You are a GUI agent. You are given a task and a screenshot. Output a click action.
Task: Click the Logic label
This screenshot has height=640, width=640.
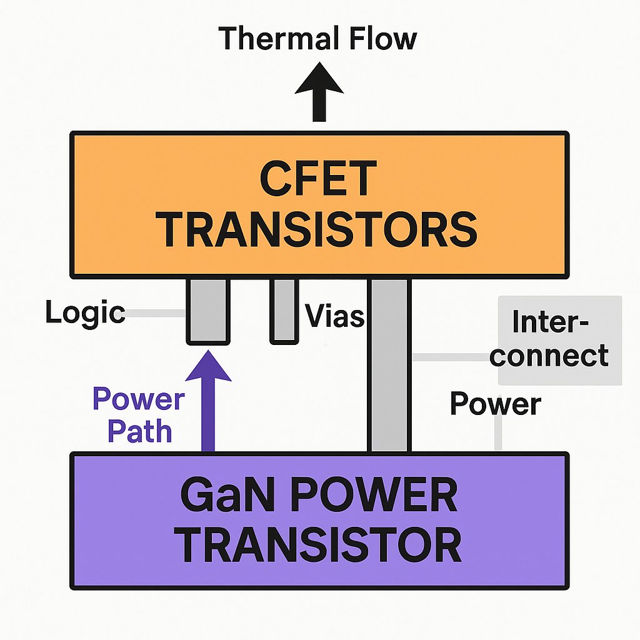click(x=85, y=312)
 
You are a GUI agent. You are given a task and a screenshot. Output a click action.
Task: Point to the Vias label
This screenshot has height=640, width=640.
click(x=334, y=316)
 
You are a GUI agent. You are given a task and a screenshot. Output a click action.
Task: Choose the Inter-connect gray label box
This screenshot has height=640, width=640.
click(x=559, y=340)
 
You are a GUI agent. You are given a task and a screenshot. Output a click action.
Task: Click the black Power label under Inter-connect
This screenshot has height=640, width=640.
click(x=495, y=404)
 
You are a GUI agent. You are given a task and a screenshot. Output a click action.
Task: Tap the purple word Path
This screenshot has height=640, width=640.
click(x=140, y=431)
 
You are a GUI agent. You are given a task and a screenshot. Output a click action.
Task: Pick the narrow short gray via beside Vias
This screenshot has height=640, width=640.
click(x=283, y=311)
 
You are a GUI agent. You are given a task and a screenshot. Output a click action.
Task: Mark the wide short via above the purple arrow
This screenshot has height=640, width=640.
click(x=207, y=311)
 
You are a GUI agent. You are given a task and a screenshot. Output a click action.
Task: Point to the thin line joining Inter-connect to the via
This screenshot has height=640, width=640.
click(x=454, y=357)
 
